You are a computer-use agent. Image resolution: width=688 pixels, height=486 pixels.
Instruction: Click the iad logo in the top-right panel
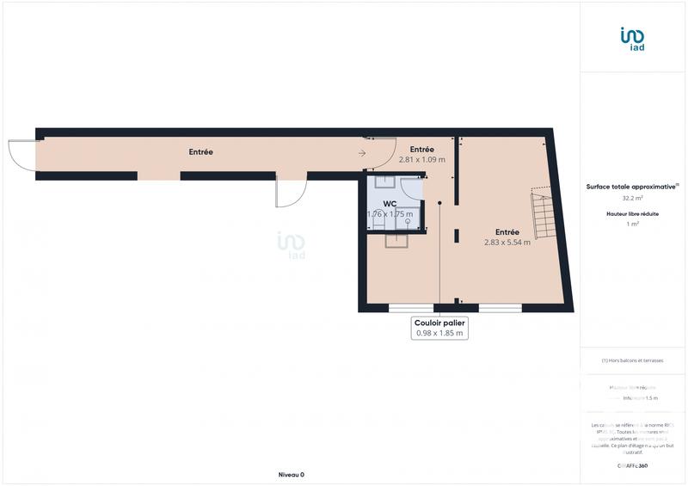tap(632, 38)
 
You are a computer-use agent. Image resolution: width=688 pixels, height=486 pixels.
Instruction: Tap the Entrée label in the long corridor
tap(201, 152)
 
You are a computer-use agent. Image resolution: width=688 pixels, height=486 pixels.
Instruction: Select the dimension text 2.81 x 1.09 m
tap(421, 160)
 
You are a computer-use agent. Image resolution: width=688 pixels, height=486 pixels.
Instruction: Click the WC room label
tap(390, 203)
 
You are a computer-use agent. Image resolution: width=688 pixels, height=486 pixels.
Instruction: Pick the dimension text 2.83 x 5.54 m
tap(507, 243)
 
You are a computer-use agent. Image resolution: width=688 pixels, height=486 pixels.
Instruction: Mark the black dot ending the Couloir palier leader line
tap(440, 203)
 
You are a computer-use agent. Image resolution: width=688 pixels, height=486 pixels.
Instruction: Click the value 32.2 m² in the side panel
tap(633, 197)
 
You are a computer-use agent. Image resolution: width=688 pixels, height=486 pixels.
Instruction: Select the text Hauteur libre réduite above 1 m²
tap(633, 213)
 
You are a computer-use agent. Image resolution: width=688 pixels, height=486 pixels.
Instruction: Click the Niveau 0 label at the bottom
tap(291, 475)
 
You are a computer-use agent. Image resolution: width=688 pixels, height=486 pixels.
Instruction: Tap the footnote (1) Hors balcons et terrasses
tap(632, 360)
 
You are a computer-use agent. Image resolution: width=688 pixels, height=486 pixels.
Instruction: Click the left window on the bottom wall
tap(411, 308)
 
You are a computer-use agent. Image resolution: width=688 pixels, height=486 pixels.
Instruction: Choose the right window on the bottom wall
tap(501, 308)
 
